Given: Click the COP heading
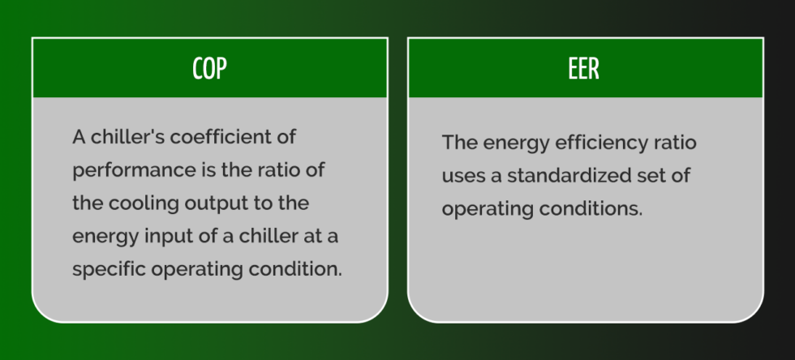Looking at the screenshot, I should point(209,69).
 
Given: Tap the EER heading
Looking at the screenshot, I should point(584,69).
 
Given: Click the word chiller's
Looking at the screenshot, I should point(128,136).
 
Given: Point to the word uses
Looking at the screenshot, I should point(463,176).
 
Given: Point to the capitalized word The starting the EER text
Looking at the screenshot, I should point(458,143).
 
